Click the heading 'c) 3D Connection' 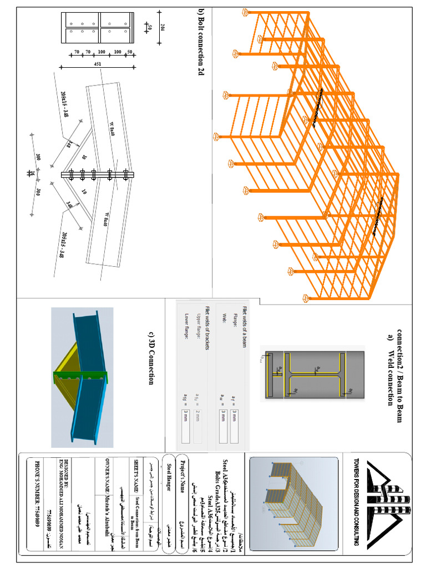tap(150, 358)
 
